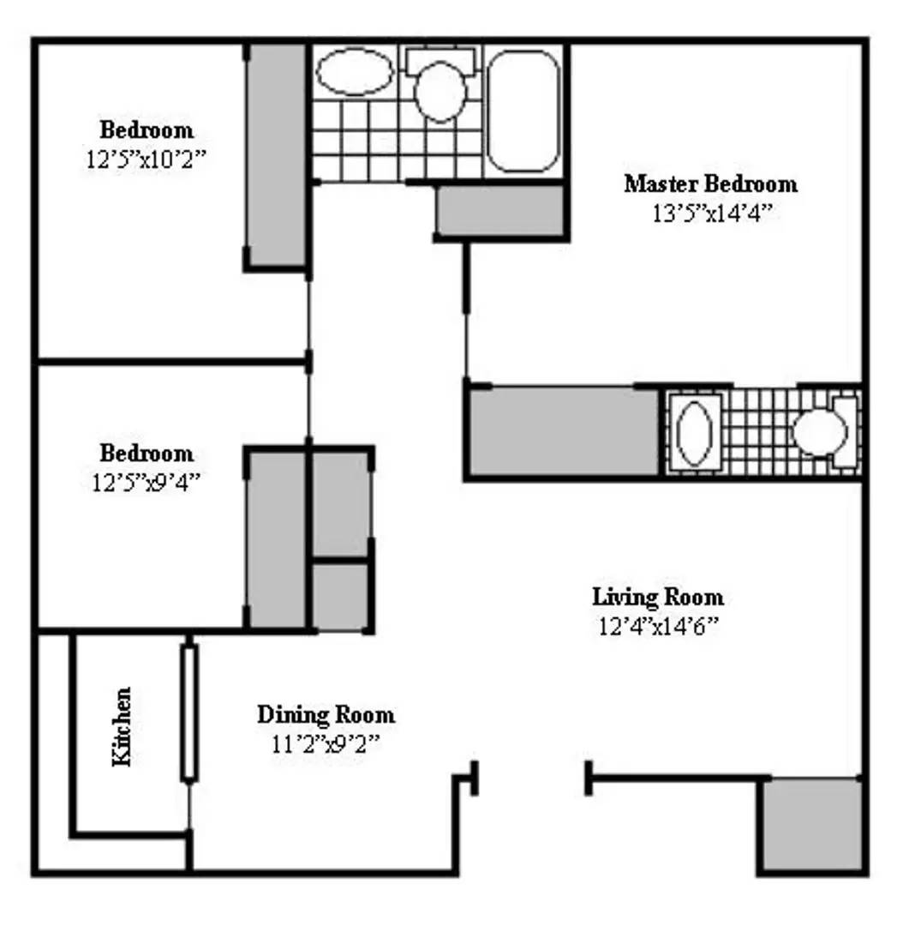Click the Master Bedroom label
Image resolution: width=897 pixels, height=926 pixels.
[x=710, y=183]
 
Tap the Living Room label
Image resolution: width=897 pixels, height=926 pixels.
[x=658, y=597]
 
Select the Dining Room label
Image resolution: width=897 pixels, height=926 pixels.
[x=326, y=714]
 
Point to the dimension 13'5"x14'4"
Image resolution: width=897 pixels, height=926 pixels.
[x=712, y=213]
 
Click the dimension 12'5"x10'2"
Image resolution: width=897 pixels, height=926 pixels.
[x=147, y=159]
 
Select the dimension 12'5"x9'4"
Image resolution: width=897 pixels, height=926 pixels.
[x=147, y=483]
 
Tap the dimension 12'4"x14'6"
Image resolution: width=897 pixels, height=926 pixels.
[x=659, y=626]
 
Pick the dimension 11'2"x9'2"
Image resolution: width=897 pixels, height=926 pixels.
[x=326, y=743]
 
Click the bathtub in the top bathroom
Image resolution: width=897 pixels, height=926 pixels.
[x=523, y=111]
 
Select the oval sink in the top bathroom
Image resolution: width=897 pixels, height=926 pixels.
[x=355, y=71]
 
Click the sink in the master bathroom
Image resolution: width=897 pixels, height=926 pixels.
[x=694, y=432]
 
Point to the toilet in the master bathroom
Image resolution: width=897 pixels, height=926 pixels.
[x=824, y=432]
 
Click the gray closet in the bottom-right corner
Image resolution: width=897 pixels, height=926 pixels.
[x=810, y=825]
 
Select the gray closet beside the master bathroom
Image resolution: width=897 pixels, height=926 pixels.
[x=565, y=430]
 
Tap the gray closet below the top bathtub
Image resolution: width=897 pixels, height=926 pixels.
[x=499, y=211]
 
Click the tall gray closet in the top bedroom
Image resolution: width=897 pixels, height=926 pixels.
[x=277, y=155]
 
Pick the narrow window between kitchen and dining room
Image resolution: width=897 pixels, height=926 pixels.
[x=188, y=713]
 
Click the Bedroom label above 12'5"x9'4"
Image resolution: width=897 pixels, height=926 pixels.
[x=147, y=453]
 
